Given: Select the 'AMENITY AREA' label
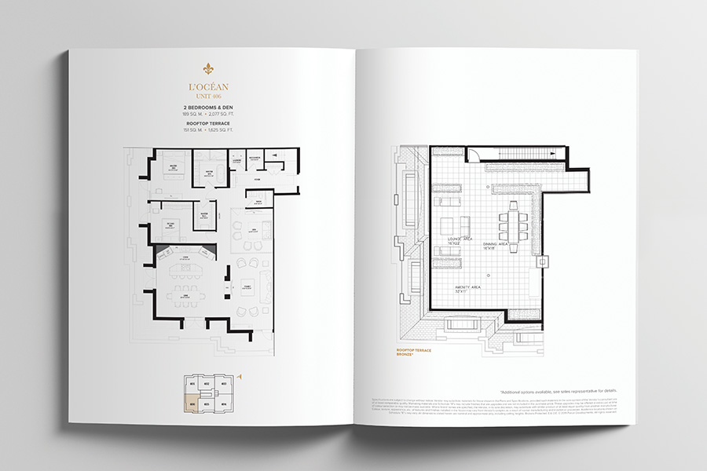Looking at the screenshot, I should (x=467, y=289).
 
